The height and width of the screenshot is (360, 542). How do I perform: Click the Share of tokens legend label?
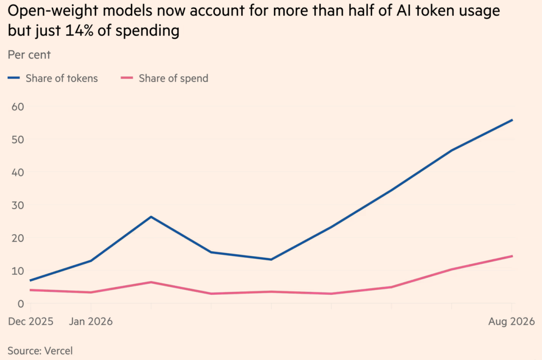pos(62,78)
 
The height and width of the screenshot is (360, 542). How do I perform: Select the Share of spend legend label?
pos(174,78)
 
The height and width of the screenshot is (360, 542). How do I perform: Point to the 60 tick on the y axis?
pos(18,107)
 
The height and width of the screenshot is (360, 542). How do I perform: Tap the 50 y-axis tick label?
pos(18,139)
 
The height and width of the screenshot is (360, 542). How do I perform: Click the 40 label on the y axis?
pos(18,172)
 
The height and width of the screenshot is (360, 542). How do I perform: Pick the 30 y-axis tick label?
pos(18,205)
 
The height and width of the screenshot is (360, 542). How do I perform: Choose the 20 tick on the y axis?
pos(18,238)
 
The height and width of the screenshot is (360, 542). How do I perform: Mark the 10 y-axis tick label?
pos(18,271)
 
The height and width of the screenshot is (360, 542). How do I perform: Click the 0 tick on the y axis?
pos(21,304)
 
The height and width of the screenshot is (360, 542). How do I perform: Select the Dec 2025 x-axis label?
pos(31,322)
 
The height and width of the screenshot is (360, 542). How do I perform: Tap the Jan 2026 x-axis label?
pos(91,322)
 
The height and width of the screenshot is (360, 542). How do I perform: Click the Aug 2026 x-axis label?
pos(511,322)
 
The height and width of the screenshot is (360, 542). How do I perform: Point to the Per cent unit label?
pos(30,55)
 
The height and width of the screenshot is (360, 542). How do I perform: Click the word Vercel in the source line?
pos(59,350)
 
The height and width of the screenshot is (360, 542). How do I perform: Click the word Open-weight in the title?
pos(53,11)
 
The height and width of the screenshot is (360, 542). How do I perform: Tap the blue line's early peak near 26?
pos(151,217)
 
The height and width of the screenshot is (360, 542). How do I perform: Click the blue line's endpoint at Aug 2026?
pos(512,120)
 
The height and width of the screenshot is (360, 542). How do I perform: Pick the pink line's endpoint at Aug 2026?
pos(512,256)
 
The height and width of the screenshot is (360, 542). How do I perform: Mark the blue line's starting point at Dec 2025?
pos(31,280)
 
